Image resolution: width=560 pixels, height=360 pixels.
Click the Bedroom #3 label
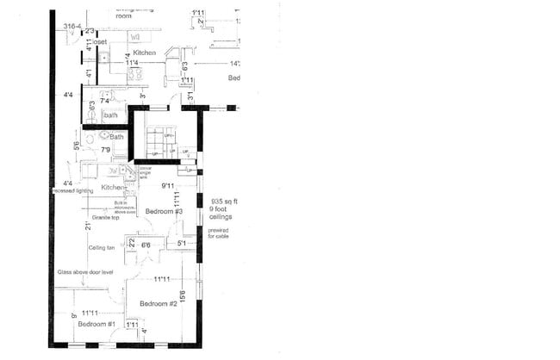(164, 211)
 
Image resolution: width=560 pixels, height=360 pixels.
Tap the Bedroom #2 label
(159, 304)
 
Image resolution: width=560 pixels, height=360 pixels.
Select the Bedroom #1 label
(96, 324)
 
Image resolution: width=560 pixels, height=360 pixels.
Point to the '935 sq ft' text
(223, 201)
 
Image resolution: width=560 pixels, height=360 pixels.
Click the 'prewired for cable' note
(219, 232)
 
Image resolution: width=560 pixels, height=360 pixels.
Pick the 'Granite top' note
(105, 218)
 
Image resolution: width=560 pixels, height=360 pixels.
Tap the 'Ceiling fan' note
(102, 247)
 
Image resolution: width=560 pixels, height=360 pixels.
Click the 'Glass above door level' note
(86, 271)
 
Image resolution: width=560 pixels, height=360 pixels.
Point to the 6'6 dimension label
(146, 245)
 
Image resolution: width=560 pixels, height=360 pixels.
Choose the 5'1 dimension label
(181, 243)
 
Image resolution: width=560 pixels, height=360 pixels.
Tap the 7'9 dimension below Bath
(106, 150)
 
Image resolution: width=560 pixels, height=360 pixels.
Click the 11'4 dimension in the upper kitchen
(133, 62)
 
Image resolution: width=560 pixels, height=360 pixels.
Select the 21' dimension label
(88, 226)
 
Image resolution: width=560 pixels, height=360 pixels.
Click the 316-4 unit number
(73, 27)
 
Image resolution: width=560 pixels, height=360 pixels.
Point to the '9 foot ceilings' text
(221, 212)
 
